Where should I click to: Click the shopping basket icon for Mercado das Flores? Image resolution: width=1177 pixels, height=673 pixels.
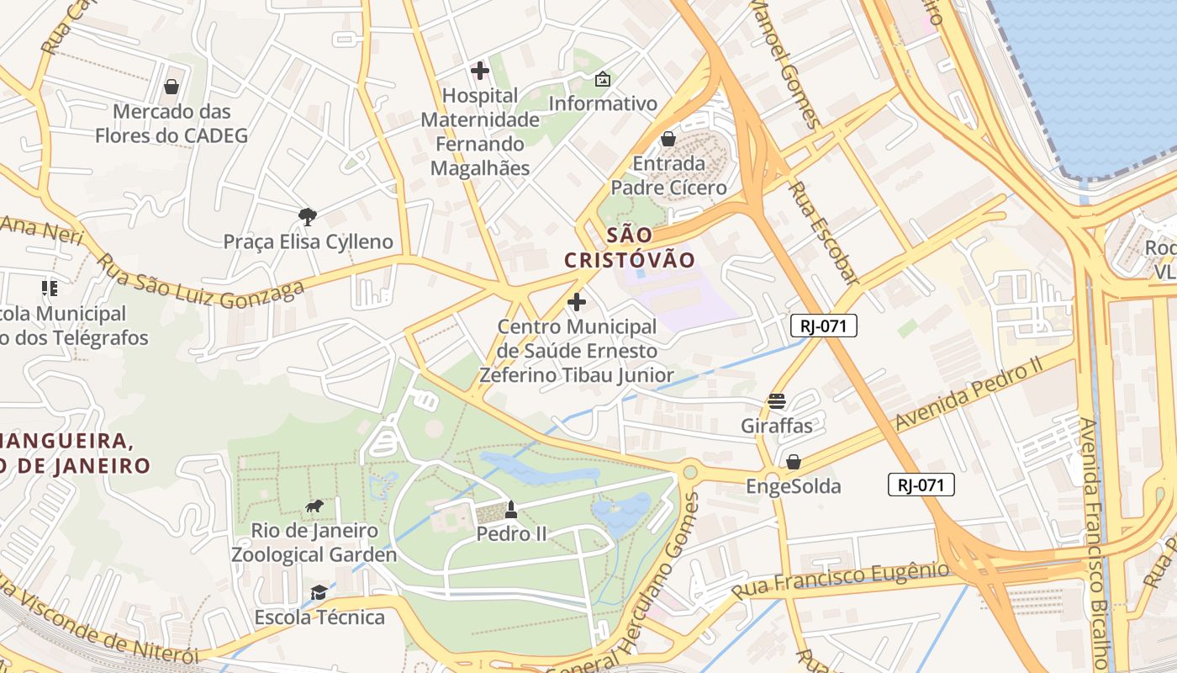[x=172, y=87]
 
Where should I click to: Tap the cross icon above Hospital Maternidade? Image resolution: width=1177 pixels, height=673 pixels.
[x=480, y=71]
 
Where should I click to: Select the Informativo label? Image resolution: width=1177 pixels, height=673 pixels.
[x=603, y=103]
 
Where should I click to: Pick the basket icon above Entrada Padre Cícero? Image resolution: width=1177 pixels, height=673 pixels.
[x=668, y=139]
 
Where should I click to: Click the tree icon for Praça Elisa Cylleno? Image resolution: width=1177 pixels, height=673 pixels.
[x=308, y=217]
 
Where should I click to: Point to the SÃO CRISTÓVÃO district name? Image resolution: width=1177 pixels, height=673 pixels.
[x=630, y=247]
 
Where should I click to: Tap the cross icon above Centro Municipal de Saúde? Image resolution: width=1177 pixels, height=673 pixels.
[x=577, y=301]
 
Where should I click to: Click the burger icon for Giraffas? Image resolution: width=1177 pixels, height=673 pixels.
[x=776, y=401]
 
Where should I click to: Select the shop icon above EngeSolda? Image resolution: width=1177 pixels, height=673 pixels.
[x=793, y=462]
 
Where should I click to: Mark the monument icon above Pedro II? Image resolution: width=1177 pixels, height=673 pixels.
[x=510, y=509]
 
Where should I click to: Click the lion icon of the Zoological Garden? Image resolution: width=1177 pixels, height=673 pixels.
[x=314, y=506]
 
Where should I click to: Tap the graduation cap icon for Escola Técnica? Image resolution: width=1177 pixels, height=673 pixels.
[x=319, y=593]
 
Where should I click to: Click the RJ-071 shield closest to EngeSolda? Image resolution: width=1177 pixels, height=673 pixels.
[x=921, y=485]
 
